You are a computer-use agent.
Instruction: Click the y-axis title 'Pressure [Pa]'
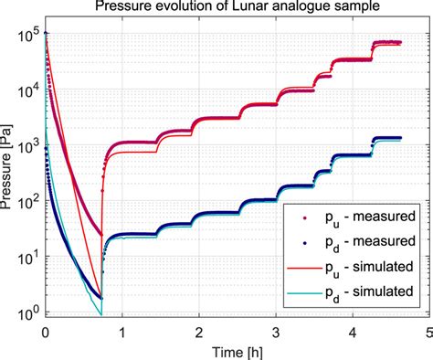pyautogui.click(x=11, y=173)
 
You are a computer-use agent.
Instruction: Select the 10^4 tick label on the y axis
pyautogui.click(x=27, y=90)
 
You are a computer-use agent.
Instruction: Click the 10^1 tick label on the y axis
pyautogui.click(x=27, y=259)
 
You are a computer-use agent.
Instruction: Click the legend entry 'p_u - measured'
pyautogui.click(x=361, y=217)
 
